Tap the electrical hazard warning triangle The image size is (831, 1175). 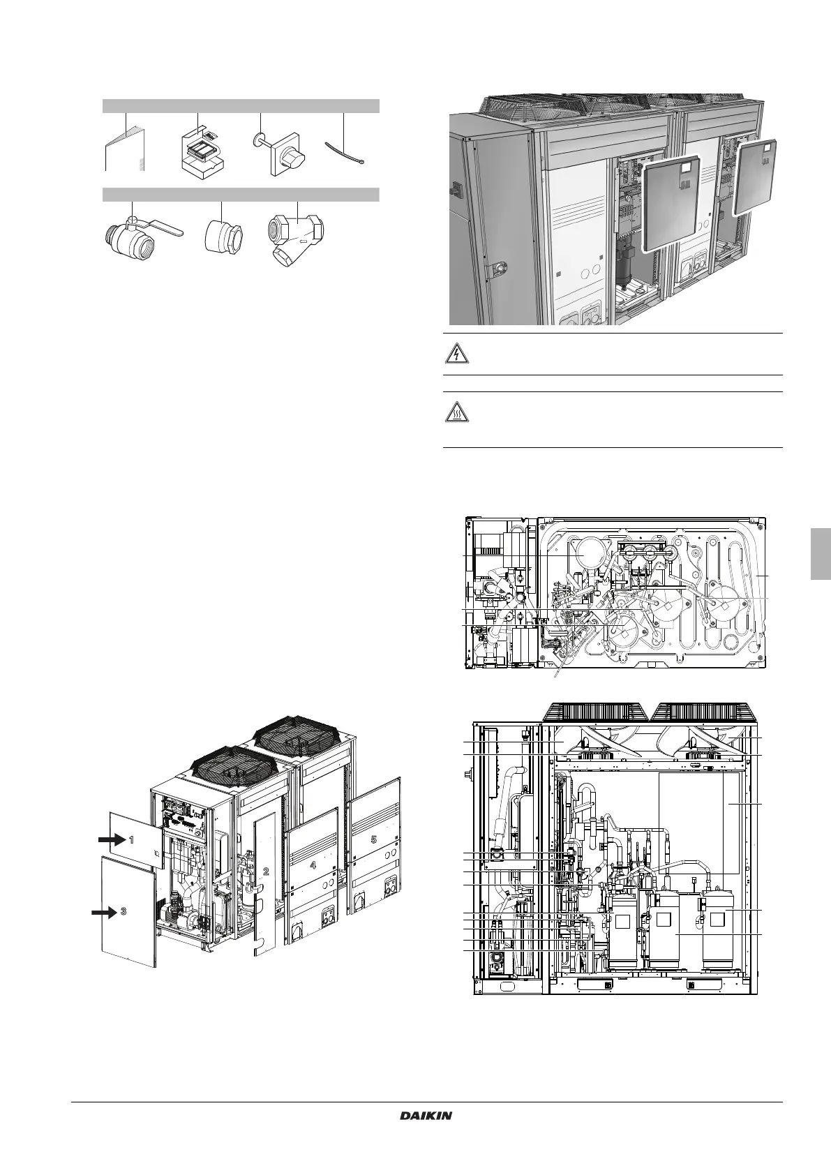coord(456,354)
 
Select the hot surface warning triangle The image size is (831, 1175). coord(456,413)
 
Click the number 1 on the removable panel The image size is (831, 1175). coord(132,840)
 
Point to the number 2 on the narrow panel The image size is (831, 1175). coord(266,871)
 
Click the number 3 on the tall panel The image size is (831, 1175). coord(123,911)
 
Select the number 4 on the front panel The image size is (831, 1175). coord(313,865)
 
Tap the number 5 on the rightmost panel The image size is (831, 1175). coord(373,839)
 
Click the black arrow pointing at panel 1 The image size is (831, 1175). coord(112,840)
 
